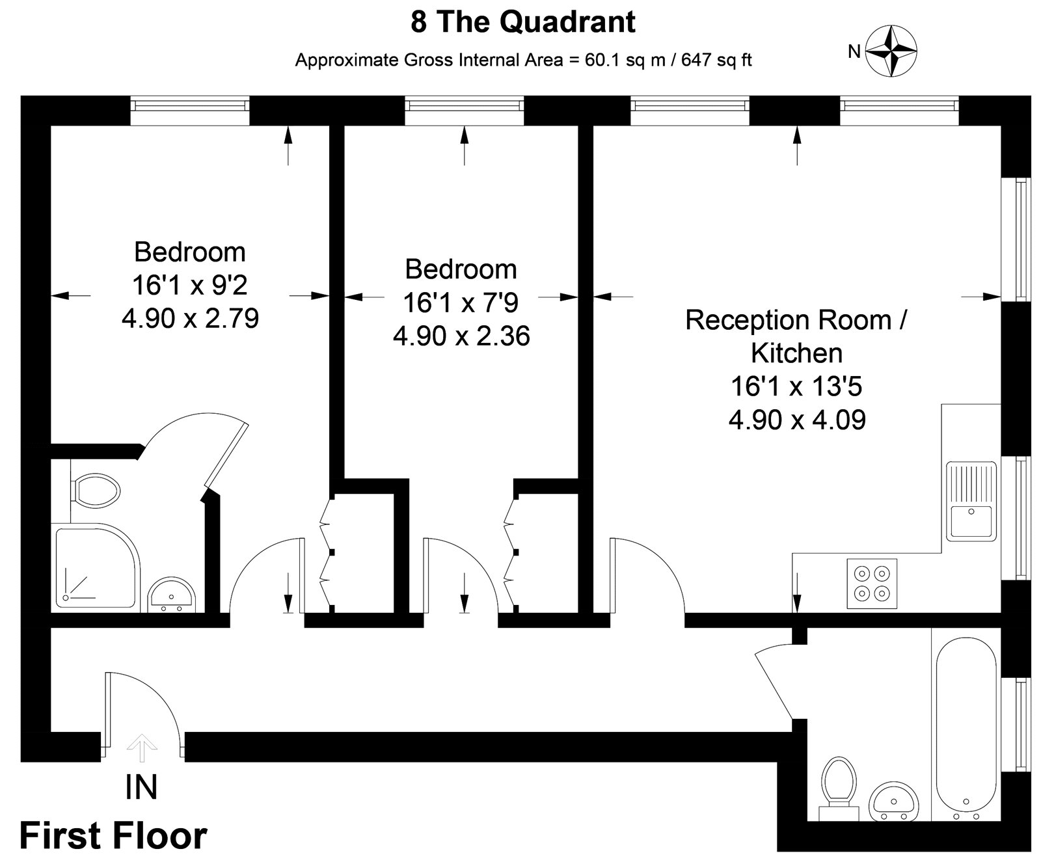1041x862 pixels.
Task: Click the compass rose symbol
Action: (x=895, y=51)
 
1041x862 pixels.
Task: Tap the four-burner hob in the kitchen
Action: (x=872, y=584)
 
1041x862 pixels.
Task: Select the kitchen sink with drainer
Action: (x=971, y=501)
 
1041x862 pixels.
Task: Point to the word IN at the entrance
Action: (x=141, y=787)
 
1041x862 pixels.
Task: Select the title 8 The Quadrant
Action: (x=523, y=22)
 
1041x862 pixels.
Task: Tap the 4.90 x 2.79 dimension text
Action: (x=190, y=319)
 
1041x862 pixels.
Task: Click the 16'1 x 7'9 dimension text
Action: (x=461, y=303)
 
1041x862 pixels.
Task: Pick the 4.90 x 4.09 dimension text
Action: (x=797, y=420)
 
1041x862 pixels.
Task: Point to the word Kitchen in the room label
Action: (x=796, y=353)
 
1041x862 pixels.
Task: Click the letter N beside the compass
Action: (x=854, y=51)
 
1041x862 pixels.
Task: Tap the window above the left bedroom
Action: (x=189, y=111)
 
